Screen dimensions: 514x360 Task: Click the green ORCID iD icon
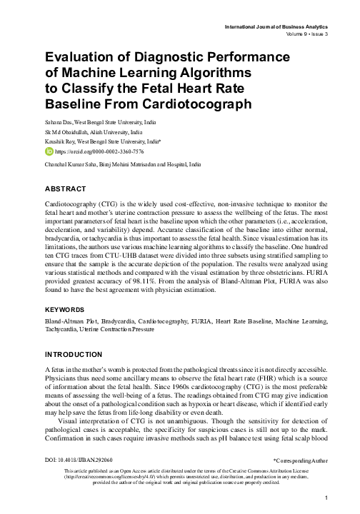(49, 152)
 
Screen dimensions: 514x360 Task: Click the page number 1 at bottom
(326, 498)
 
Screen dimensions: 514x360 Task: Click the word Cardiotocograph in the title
(191, 104)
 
